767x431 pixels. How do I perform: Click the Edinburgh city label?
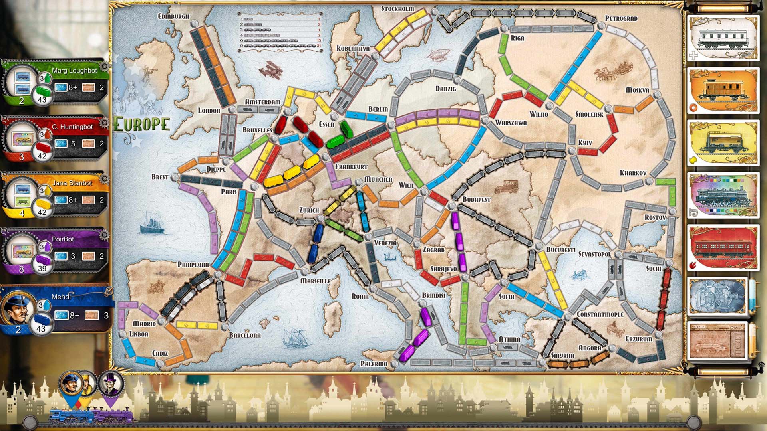coord(173,16)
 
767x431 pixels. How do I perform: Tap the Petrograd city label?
coord(621,18)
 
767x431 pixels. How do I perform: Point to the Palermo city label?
coord(374,364)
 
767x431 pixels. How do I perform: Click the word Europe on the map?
coord(142,124)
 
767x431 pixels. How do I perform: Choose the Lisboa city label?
coord(139,334)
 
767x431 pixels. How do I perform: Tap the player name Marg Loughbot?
coord(74,71)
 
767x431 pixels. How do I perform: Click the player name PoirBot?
coord(63,239)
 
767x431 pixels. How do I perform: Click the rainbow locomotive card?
coord(723,196)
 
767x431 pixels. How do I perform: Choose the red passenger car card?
coord(723,248)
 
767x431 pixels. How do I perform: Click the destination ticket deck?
coord(718,340)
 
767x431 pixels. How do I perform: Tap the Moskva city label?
coord(637,90)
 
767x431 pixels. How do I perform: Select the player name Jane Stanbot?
coord(72,183)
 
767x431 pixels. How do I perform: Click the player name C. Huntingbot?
coord(72,127)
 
